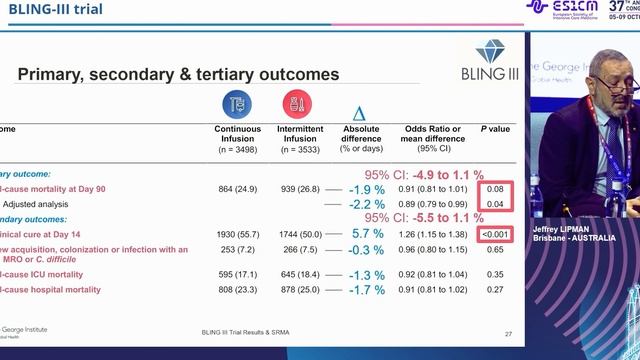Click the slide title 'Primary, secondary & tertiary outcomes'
tap(179, 74)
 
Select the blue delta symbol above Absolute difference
tap(360, 115)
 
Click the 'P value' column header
tap(496, 129)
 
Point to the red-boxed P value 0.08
tap(495, 188)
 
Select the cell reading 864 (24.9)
tap(238, 188)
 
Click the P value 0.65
tap(495, 249)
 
